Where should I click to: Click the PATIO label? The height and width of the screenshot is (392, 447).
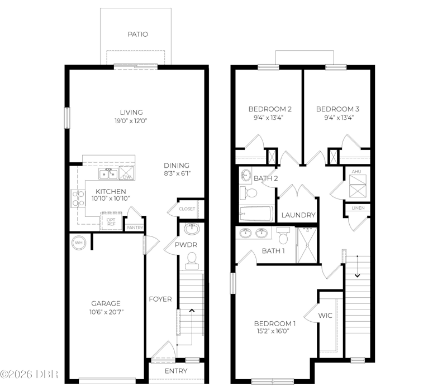click(137, 35)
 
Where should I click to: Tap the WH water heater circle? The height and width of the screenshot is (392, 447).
click(79, 243)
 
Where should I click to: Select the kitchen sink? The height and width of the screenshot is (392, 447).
click(108, 173)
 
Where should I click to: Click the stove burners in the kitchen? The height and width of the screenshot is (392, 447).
click(78, 199)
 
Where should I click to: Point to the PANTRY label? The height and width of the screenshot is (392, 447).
click(135, 228)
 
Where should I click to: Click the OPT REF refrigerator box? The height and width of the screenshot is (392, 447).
click(111, 221)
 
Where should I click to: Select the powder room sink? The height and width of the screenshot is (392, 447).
click(192, 229)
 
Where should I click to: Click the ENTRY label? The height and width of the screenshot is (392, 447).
click(176, 371)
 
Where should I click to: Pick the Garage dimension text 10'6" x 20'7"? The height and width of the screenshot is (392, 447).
click(106, 312)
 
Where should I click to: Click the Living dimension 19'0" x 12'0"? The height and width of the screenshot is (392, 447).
click(131, 121)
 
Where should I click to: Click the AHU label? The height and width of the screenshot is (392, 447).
click(356, 172)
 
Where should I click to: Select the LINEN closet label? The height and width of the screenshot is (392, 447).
click(358, 208)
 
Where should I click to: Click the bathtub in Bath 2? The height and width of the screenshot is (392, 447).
click(256, 214)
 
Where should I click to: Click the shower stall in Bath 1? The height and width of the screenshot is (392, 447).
click(307, 245)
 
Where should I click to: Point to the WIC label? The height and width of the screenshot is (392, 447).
click(325, 316)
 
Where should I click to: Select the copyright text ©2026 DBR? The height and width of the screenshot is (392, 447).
click(29, 374)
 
